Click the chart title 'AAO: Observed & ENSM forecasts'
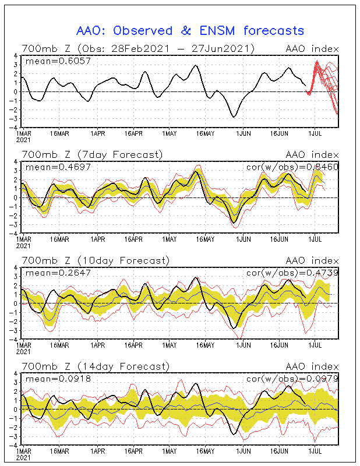coord(190,30)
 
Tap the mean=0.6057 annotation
coord(50,61)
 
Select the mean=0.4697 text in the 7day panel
coord(50,167)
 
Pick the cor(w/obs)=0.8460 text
coord(292,167)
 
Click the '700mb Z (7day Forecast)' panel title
coord(92,154)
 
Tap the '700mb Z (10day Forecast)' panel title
coord(95,260)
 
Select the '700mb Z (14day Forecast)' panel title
coord(95,366)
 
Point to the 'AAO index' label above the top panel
coord(311,48)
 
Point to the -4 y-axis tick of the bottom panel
coord(15,444)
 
